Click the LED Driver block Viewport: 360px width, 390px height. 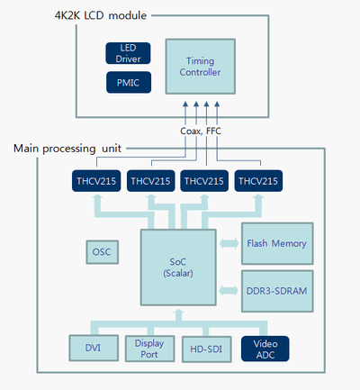128,53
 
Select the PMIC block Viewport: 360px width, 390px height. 129,82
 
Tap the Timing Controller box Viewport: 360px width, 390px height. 201,67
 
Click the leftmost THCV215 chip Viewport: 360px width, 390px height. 96,181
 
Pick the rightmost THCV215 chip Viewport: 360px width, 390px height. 258,181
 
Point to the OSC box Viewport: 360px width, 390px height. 102,252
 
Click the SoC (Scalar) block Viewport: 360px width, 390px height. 178,268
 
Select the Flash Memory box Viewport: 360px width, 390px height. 277,243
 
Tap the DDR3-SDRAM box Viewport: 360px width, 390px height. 277,291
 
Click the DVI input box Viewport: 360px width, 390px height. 94,348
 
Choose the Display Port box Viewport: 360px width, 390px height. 149,349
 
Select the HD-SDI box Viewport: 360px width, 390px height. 206,349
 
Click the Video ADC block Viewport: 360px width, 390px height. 265,349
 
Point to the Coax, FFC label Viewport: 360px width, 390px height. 201,131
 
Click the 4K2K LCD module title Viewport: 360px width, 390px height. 101,15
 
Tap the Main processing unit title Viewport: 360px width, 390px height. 67,149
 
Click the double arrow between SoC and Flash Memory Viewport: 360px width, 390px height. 229,243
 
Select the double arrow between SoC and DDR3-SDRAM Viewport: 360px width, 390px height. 229,291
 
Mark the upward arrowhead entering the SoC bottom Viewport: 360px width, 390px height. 179,313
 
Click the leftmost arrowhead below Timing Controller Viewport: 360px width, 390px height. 185,104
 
